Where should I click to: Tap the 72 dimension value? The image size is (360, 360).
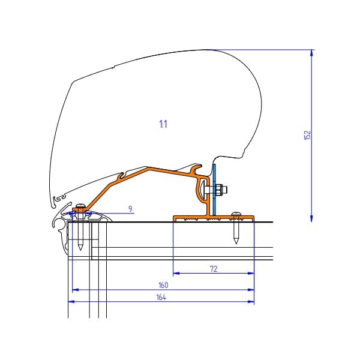coord(214,269)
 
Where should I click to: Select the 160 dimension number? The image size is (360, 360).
coord(163,285)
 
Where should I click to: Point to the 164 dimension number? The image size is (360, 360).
coord(161,298)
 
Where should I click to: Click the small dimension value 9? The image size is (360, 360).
coord(130,208)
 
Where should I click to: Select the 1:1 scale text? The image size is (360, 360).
coord(163,124)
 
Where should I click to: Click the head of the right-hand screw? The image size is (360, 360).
coord(236,214)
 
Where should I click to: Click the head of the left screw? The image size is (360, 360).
coord(79,208)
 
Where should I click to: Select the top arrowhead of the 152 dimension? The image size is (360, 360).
coord(311,52)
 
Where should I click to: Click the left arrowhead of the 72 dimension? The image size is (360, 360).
coord(176,274)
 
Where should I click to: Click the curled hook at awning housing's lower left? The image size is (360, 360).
coord(57,198)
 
